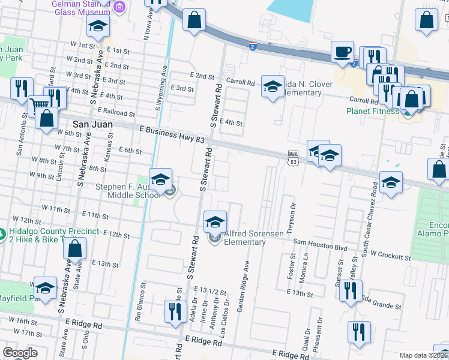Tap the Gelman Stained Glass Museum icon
(x=119, y=7)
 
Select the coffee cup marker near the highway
(x=343, y=52)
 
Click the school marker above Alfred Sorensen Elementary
(x=215, y=222)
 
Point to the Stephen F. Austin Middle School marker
(x=161, y=179)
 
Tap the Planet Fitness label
(x=372, y=111)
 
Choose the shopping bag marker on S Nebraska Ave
(x=74, y=248)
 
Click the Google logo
(x=20, y=353)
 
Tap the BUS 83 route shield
(x=293, y=158)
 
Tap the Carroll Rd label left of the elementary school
(x=240, y=83)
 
